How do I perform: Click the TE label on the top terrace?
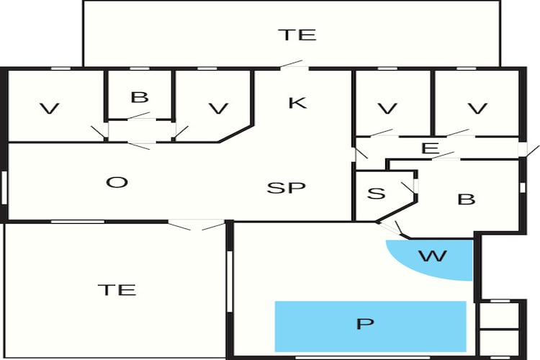pyautogui.click(x=297, y=35)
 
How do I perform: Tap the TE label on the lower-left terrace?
pyautogui.click(x=117, y=289)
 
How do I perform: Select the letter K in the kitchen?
pyautogui.click(x=297, y=103)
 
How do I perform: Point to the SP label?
pyautogui.click(x=286, y=188)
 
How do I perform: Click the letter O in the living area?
pyautogui.click(x=117, y=182)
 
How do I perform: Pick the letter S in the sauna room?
pyautogui.click(x=376, y=193)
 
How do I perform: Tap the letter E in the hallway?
pyautogui.click(x=430, y=148)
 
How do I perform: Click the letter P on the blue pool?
pyautogui.click(x=365, y=324)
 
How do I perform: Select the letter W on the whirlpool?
pyautogui.click(x=433, y=256)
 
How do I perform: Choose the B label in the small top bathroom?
pyautogui.click(x=140, y=97)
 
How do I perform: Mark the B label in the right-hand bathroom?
pyautogui.click(x=467, y=199)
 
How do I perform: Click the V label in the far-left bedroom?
pyautogui.click(x=50, y=109)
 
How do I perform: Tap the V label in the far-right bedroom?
pyautogui.click(x=477, y=109)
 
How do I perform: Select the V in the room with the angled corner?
pyautogui.click(x=219, y=109)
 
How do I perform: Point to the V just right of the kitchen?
pyautogui.click(x=388, y=109)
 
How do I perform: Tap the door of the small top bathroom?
pyautogui.click(x=140, y=116)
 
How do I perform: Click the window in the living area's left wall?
pyautogui.click(x=4, y=188)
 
